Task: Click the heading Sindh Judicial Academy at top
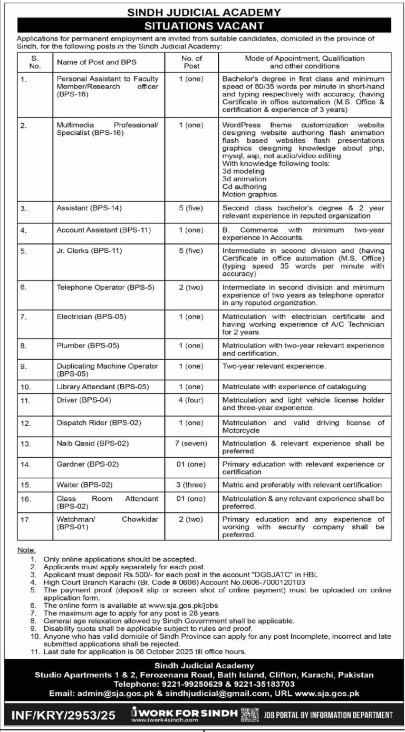[202, 12]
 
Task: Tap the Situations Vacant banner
[202, 25]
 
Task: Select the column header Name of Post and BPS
[97, 62]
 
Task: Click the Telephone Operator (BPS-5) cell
[98, 287]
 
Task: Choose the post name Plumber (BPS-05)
[88, 345]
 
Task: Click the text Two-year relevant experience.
[274, 365]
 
